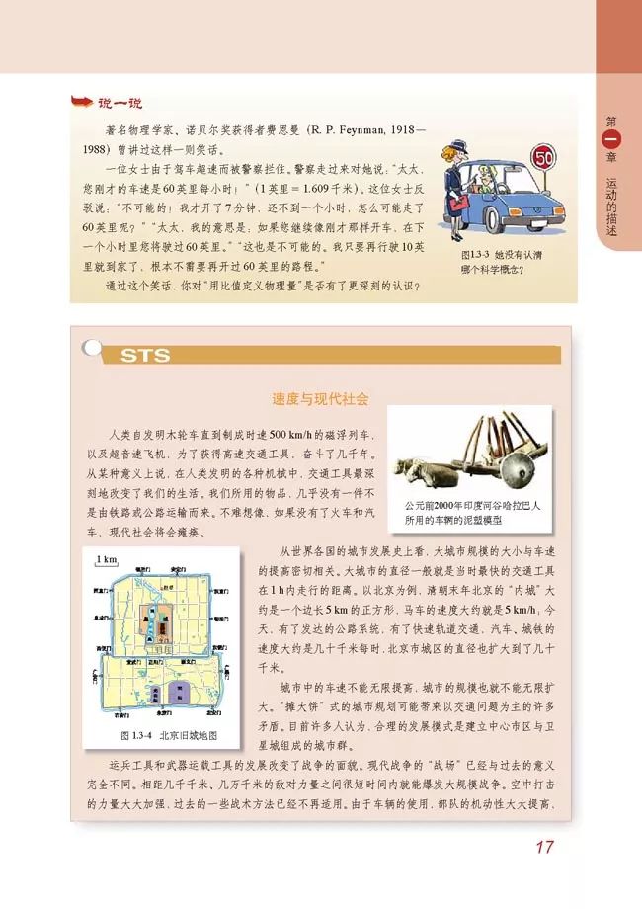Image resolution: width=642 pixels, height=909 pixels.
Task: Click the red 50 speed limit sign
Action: click(542, 158)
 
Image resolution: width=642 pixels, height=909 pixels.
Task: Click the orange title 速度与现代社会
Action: click(320, 400)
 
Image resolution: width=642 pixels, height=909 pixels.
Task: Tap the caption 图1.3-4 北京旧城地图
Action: click(161, 736)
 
